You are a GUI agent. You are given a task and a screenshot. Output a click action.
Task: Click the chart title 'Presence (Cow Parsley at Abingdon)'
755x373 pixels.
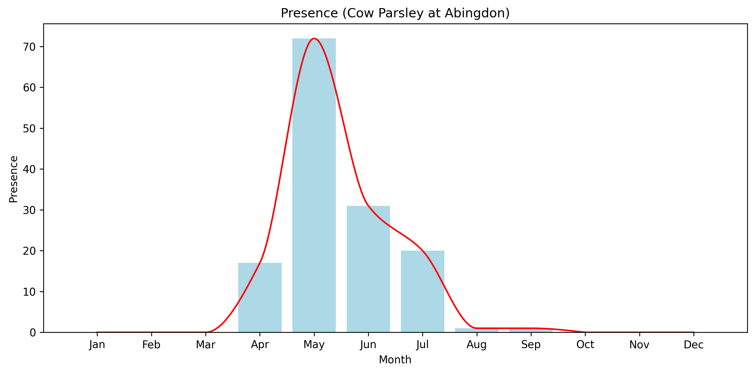click(x=395, y=13)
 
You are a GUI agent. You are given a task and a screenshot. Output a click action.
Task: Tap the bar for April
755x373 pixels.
click(x=260, y=298)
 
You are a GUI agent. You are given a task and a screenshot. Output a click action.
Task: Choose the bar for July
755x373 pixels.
click(x=422, y=292)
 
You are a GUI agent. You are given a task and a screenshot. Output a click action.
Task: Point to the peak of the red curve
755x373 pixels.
click(x=314, y=38)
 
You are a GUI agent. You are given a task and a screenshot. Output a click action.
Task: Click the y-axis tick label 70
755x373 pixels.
click(x=29, y=47)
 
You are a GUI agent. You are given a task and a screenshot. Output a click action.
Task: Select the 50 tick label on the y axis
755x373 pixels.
click(x=29, y=128)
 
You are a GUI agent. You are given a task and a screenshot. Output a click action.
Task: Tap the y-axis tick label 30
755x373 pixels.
click(x=29, y=210)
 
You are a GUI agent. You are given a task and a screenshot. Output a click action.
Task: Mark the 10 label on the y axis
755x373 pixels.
click(x=29, y=292)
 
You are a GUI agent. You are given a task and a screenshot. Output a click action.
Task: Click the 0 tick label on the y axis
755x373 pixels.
click(x=33, y=333)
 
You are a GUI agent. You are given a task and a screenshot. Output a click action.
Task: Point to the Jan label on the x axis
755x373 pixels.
click(x=97, y=345)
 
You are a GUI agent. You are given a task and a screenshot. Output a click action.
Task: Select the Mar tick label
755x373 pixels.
click(x=205, y=345)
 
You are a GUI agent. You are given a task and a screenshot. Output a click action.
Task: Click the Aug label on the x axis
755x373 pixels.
click(x=477, y=345)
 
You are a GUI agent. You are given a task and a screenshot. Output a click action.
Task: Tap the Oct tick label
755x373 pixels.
click(x=585, y=345)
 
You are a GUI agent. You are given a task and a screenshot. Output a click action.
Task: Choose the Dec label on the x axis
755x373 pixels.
click(x=693, y=345)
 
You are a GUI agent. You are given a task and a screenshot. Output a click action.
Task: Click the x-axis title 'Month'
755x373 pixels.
click(x=395, y=360)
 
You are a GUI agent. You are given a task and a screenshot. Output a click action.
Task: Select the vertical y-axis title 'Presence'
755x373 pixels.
click(x=13, y=179)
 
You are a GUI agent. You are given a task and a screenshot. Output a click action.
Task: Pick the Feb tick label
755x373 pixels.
click(x=151, y=345)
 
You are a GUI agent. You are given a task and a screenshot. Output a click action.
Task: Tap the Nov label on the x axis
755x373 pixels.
click(x=639, y=345)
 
